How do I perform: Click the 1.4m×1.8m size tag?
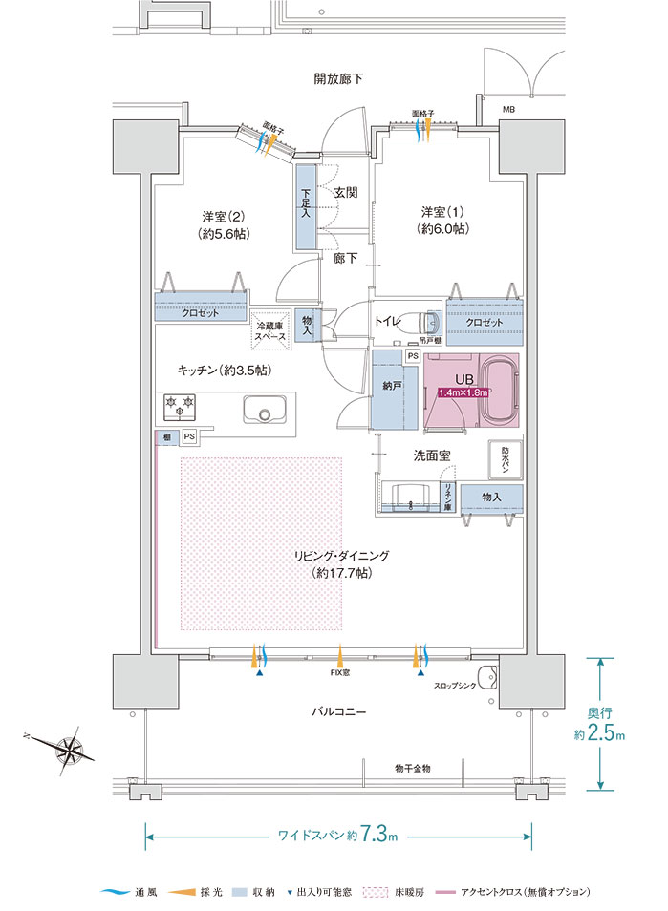(x=464, y=392)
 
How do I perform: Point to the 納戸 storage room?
(x=391, y=389)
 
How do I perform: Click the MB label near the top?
(x=508, y=109)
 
